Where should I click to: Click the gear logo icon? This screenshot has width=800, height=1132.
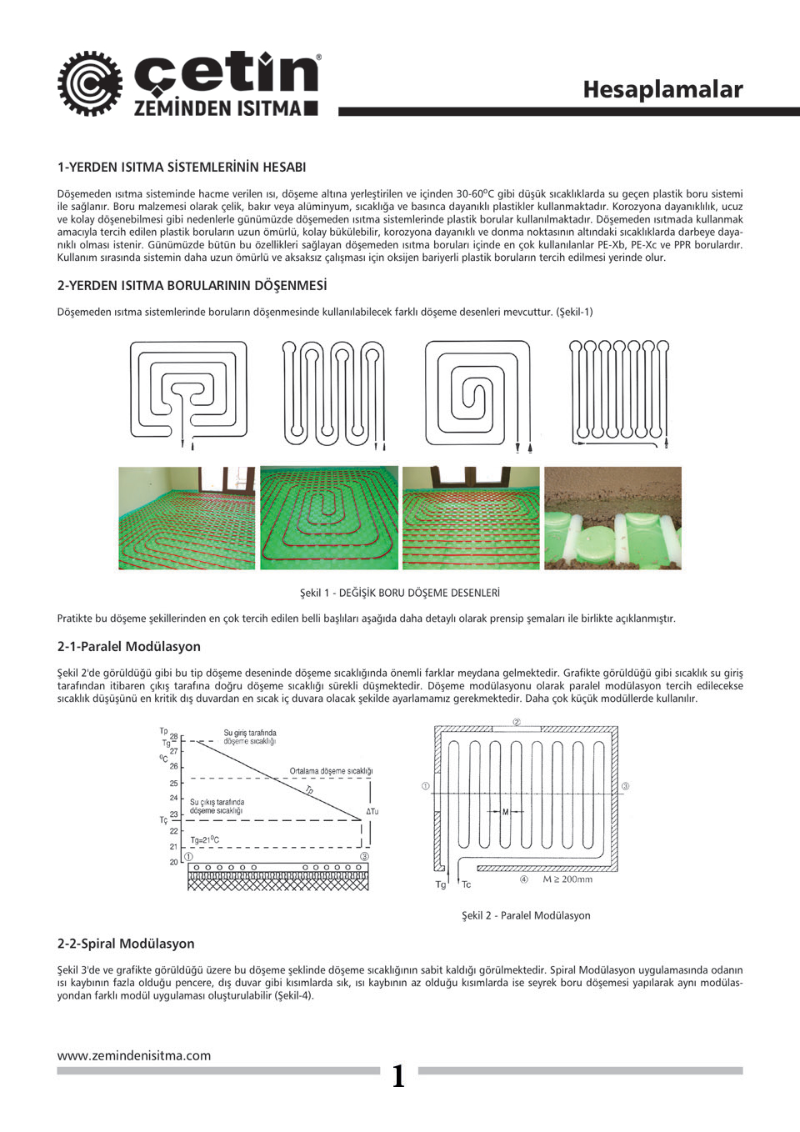(89, 83)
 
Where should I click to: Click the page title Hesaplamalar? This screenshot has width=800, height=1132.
(662, 89)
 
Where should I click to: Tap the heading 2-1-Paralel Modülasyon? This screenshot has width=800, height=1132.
(128, 646)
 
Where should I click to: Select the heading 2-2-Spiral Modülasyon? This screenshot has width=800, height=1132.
(126, 944)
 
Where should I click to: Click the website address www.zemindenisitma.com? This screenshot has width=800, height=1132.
(133, 1055)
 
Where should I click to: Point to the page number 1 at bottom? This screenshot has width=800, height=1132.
(398, 1076)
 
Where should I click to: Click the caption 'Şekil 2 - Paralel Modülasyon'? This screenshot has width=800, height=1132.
(526, 915)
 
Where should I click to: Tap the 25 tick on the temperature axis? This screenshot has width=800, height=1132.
(174, 784)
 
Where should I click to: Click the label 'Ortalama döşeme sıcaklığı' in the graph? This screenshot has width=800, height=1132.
(331, 771)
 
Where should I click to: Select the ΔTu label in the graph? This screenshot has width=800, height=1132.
(372, 811)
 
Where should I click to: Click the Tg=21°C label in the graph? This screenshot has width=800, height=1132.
(205, 840)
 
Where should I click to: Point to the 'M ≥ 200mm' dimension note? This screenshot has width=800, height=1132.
(567, 879)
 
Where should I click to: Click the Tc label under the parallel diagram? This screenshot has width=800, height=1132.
(466, 884)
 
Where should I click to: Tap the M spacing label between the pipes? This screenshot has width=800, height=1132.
(505, 811)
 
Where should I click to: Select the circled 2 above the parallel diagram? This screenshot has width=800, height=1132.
(517, 722)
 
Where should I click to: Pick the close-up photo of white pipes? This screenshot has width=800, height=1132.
(612, 518)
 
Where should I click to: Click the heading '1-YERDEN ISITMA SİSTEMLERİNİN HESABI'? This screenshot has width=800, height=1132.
(182, 167)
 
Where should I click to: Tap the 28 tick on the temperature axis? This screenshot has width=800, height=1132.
(174, 737)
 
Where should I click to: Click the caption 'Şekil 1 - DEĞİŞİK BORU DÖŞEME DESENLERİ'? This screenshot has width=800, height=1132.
(400, 593)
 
